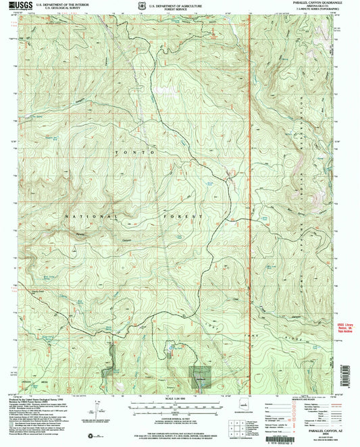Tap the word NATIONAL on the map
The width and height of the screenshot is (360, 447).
[x=82, y=216]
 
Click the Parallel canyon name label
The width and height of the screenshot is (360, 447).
[x=101, y=236]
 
